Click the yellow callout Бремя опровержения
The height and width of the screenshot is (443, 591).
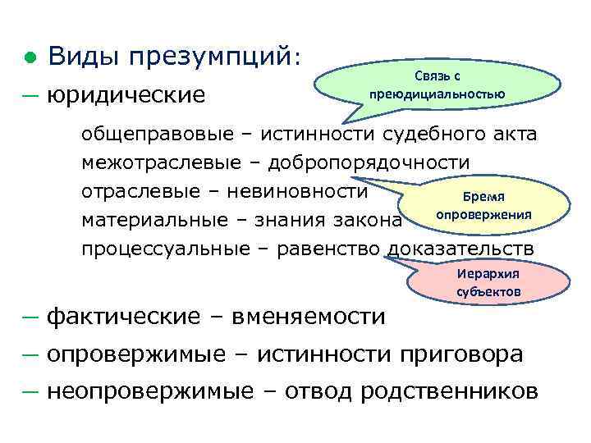484,206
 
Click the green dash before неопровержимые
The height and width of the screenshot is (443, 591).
30,391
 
